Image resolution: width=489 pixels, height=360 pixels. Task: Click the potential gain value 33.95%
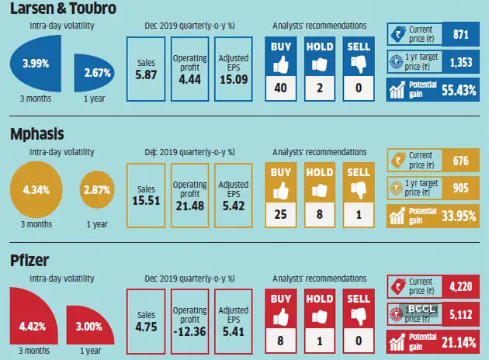pos(457,215)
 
